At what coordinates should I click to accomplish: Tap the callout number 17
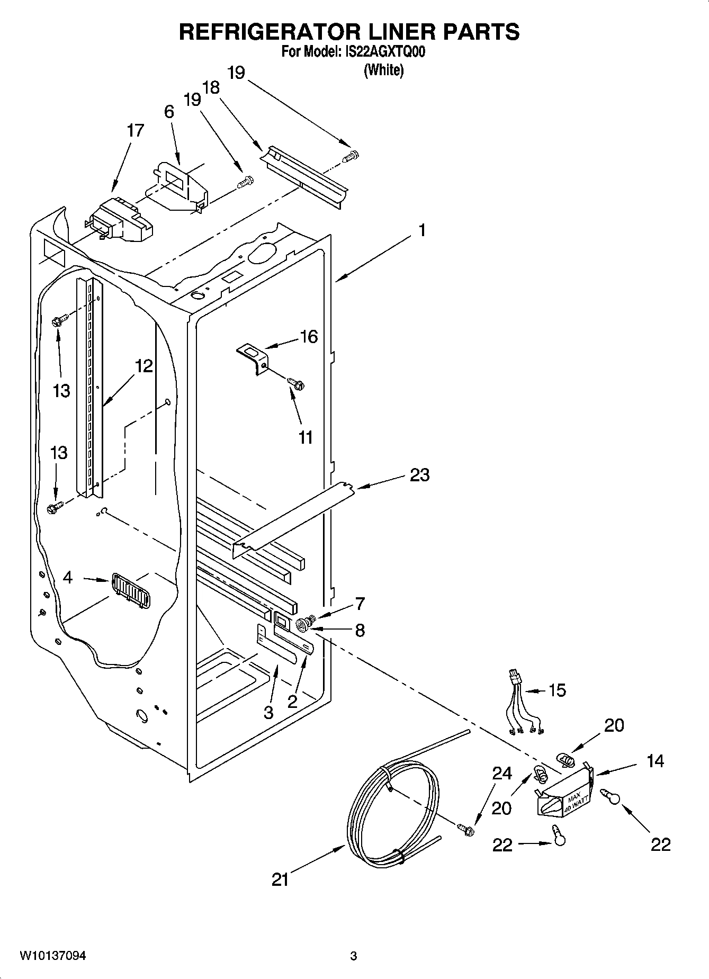[135, 131]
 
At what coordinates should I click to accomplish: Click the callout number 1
[422, 230]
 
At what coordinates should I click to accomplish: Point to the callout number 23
[419, 475]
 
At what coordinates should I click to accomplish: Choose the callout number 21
[280, 879]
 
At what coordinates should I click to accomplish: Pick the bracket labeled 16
[253, 357]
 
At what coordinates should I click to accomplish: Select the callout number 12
[143, 366]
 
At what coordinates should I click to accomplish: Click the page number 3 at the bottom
[353, 956]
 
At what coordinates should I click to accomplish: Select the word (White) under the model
[383, 70]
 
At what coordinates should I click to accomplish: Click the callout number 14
[655, 761]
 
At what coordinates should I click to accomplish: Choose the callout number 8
[360, 630]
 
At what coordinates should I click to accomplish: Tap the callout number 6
[169, 112]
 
